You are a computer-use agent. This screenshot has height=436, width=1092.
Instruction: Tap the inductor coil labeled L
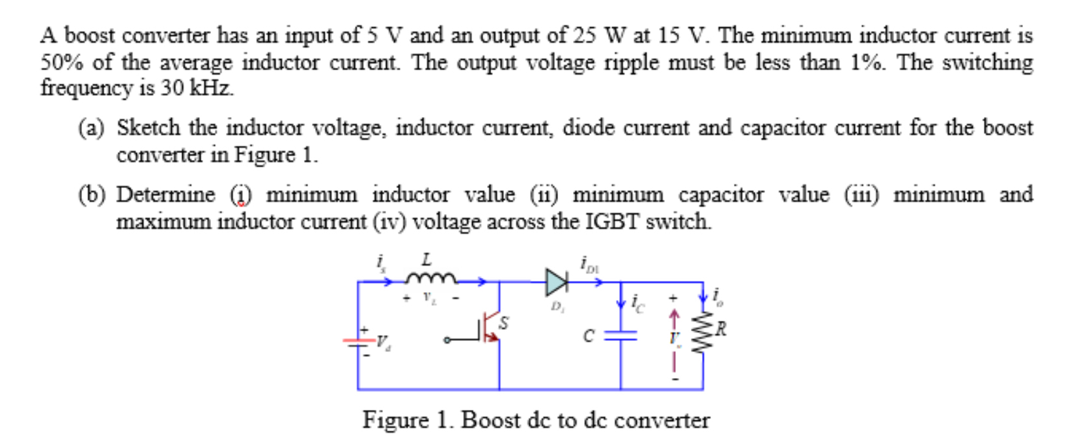click(x=430, y=279)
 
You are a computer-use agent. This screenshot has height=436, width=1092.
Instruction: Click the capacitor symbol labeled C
click(x=620, y=335)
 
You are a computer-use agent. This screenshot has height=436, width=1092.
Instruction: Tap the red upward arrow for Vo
click(x=675, y=320)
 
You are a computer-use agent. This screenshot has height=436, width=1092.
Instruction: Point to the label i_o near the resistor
click(x=717, y=297)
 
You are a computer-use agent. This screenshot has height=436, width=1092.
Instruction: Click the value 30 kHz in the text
click(x=196, y=88)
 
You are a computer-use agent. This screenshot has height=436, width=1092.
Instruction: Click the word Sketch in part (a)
click(x=148, y=128)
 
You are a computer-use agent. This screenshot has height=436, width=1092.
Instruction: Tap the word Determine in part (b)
click(x=165, y=195)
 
